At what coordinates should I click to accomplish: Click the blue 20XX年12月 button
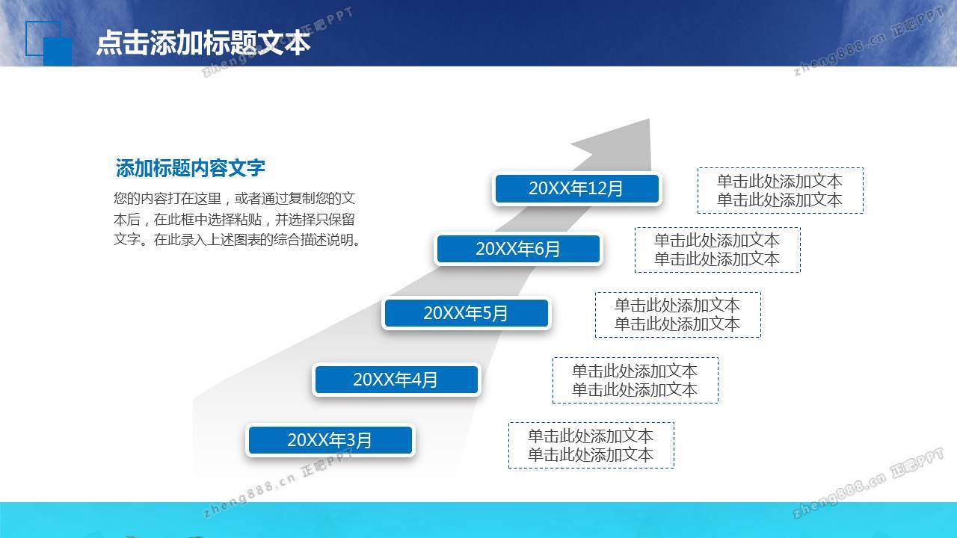tap(576, 188)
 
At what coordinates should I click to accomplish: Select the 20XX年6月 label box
tap(518, 249)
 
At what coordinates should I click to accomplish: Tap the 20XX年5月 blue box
tap(466, 313)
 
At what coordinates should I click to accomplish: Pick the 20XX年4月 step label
tap(396, 379)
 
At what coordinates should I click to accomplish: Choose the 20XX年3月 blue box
tap(330, 440)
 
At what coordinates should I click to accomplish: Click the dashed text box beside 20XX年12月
tap(780, 191)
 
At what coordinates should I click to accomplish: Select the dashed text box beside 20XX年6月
tap(717, 250)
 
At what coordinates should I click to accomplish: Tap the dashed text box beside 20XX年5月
tap(677, 315)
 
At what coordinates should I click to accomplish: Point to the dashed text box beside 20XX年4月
tap(636, 380)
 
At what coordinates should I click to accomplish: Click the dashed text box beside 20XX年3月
tap(591, 445)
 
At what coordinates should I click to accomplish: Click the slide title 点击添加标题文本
tap(203, 43)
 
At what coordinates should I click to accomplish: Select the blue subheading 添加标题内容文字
tap(190, 168)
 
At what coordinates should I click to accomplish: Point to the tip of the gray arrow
tap(650, 119)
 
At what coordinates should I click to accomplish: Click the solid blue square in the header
tap(58, 52)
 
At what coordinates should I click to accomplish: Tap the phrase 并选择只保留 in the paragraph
tap(315, 220)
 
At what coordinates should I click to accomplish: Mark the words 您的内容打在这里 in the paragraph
tap(167, 199)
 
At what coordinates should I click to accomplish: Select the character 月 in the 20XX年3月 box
tap(364, 440)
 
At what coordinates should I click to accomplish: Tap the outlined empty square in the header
tap(26, 38)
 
